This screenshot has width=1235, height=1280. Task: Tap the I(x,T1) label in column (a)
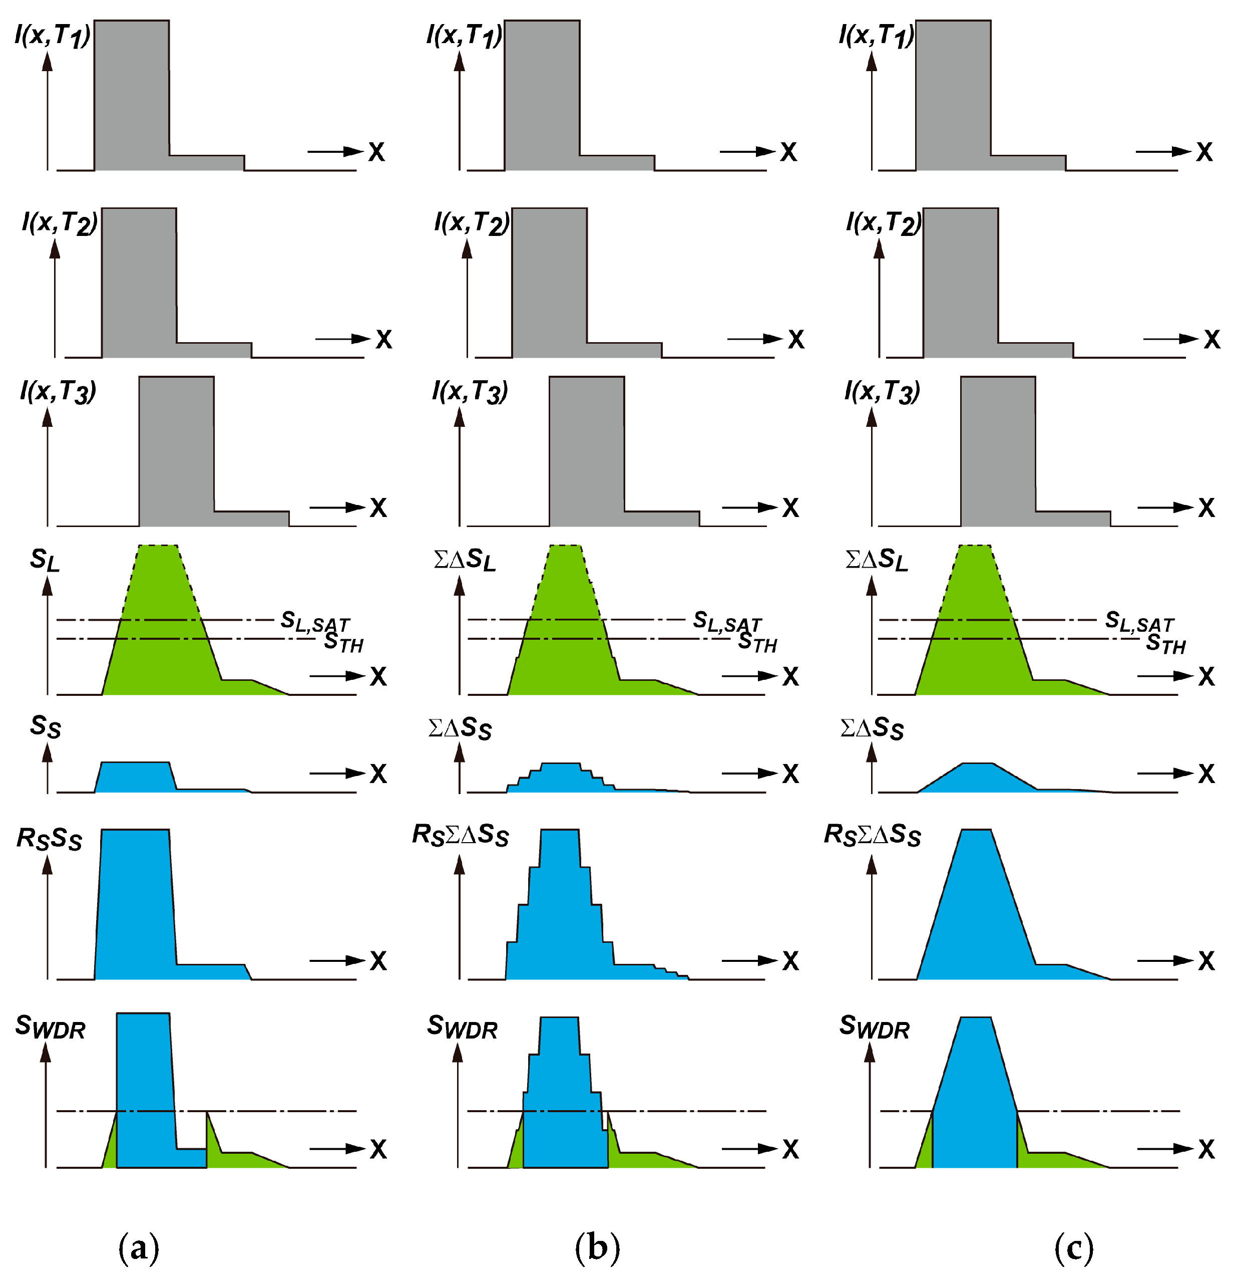click(52, 35)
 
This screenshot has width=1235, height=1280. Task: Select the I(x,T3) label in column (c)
click(881, 391)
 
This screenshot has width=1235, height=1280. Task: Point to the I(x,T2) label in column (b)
click(471, 223)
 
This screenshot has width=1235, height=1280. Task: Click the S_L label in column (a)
click(45, 560)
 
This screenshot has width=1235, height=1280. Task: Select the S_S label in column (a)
click(45, 726)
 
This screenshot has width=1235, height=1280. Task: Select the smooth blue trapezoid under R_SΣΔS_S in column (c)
click(975, 914)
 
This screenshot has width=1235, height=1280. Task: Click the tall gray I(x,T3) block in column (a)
click(176, 450)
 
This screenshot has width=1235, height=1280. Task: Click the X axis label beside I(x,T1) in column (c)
click(1204, 152)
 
